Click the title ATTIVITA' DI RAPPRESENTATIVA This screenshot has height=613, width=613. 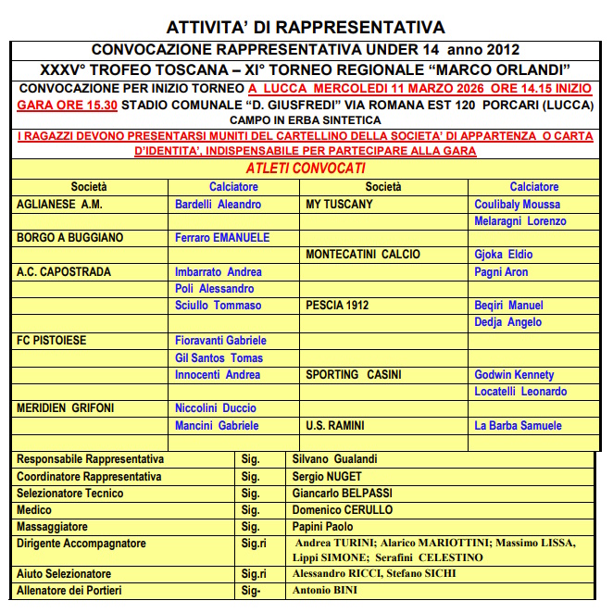[306, 27]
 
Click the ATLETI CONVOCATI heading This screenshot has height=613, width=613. [306, 169]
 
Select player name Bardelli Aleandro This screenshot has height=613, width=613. [218, 204]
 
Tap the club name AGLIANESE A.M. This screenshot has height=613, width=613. [59, 204]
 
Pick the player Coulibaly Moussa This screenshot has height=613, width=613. [517, 204]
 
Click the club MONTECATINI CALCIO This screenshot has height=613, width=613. [363, 255]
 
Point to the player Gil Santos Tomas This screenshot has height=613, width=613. [219, 357]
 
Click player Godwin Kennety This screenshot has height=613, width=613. [514, 375]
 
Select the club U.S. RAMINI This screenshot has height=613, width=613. [334, 426]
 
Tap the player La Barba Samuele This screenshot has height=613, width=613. [518, 426]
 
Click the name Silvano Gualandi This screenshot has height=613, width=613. [334, 459]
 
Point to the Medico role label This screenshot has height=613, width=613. [34, 510]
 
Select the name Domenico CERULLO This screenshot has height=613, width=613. [343, 510]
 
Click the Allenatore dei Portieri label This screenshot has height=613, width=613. [69, 591]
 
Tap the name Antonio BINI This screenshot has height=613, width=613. [324, 591]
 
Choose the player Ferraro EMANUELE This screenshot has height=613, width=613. [222, 238]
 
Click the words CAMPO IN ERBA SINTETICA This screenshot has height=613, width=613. [306, 120]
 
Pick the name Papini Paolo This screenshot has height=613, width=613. [322, 527]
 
